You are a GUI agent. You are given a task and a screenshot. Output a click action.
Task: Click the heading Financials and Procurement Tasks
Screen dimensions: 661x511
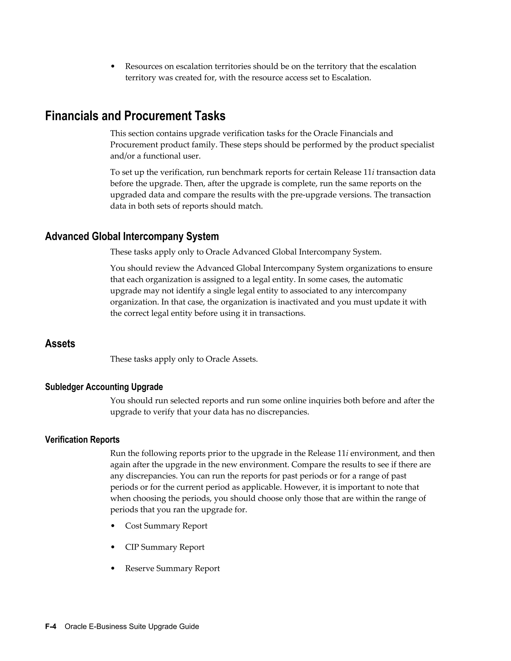coord(135,116)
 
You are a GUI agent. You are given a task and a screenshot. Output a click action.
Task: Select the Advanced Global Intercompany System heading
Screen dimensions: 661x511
coord(132,236)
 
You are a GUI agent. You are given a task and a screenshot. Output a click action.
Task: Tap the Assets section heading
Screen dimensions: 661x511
coord(60,343)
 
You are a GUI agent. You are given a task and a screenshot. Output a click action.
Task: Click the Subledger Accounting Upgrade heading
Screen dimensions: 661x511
coord(104,387)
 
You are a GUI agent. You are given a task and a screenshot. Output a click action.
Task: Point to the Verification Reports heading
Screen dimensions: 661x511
coord(82,440)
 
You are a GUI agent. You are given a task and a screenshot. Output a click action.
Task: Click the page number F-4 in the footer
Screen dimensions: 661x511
coord(51,627)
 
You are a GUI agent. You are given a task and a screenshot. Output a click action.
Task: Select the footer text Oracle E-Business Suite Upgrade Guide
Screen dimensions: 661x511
coord(132,627)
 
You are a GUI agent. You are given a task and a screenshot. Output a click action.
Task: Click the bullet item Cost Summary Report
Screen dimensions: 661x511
coord(166,526)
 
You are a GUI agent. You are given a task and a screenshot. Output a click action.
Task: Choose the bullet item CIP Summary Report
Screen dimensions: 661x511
coord(165,547)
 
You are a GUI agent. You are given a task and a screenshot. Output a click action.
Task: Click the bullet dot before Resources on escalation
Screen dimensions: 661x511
coord(113,67)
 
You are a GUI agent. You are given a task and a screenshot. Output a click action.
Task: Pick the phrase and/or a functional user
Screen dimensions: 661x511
coord(155,156)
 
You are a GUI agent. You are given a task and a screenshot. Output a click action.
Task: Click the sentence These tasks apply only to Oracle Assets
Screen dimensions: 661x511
coord(184,359)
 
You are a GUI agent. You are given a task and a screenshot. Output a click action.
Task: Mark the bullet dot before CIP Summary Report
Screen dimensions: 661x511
coord(113,547)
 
